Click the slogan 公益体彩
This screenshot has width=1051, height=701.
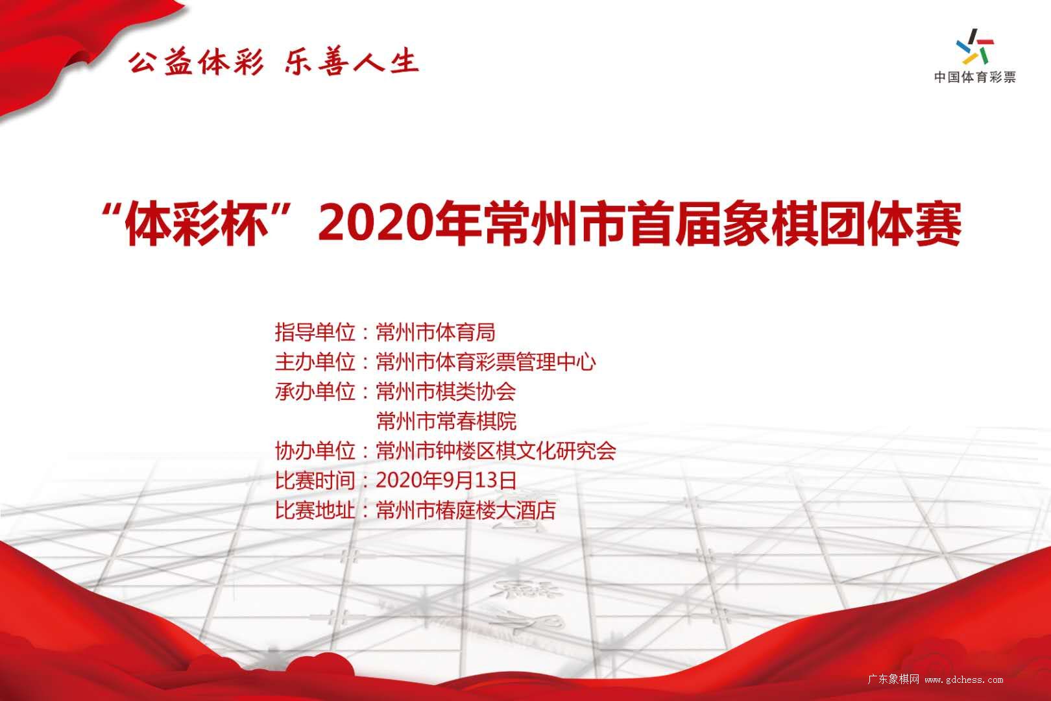(x=196, y=62)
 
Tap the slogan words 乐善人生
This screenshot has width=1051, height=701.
(x=352, y=62)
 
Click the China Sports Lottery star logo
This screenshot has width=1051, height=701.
(x=975, y=47)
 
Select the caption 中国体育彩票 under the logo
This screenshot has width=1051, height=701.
(x=975, y=77)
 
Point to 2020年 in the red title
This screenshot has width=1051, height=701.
(x=400, y=224)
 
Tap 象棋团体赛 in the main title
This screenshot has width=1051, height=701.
(x=842, y=224)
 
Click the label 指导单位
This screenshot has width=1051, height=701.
(x=315, y=332)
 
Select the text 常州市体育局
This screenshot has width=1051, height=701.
(x=435, y=332)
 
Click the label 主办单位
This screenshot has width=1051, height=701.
(x=315, y=362)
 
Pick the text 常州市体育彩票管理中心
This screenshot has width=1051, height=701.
(x=486, y=362)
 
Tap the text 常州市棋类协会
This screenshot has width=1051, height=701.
(x=446, y=391)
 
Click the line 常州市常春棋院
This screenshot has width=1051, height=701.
(x=446, y=421)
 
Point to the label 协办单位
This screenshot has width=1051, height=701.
(x=315, y=450)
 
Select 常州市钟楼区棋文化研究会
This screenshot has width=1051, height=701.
(x=496, y=450)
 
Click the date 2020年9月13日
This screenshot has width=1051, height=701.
(x=446, y=480)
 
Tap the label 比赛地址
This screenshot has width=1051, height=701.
(x=315, y=510)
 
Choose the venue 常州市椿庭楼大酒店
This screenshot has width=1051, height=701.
(x=466, y=510)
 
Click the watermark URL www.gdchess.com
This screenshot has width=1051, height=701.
(x=963, y=680)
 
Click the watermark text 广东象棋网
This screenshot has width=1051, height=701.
(x=893, y=679)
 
